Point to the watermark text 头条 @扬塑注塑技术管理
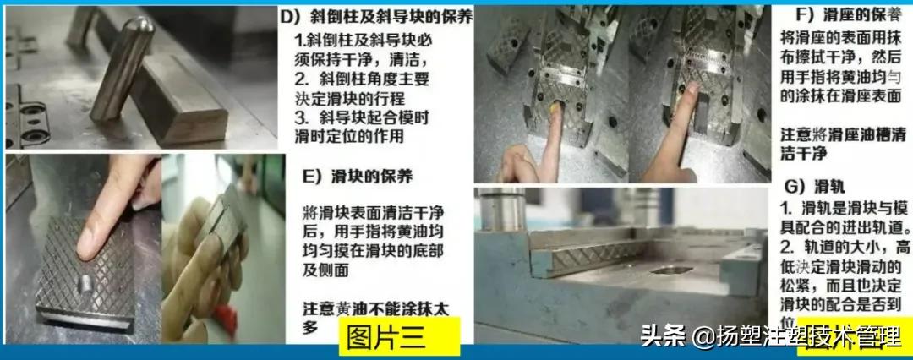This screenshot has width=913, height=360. click(769, 336)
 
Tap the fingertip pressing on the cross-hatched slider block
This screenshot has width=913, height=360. click(87, 241)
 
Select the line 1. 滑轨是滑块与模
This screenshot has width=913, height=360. click(841, 205)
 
